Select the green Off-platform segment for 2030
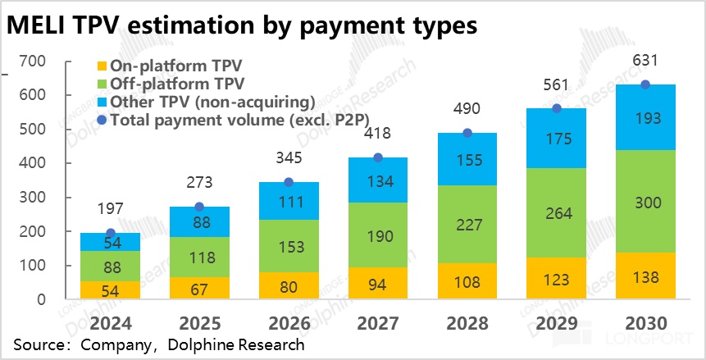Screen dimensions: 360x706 tap(645, 202)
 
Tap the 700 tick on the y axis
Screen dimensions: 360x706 tap(30, 62)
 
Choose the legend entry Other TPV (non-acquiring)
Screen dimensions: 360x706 tap(201, 102)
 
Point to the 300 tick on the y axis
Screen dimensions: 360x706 tap(30, 198)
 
